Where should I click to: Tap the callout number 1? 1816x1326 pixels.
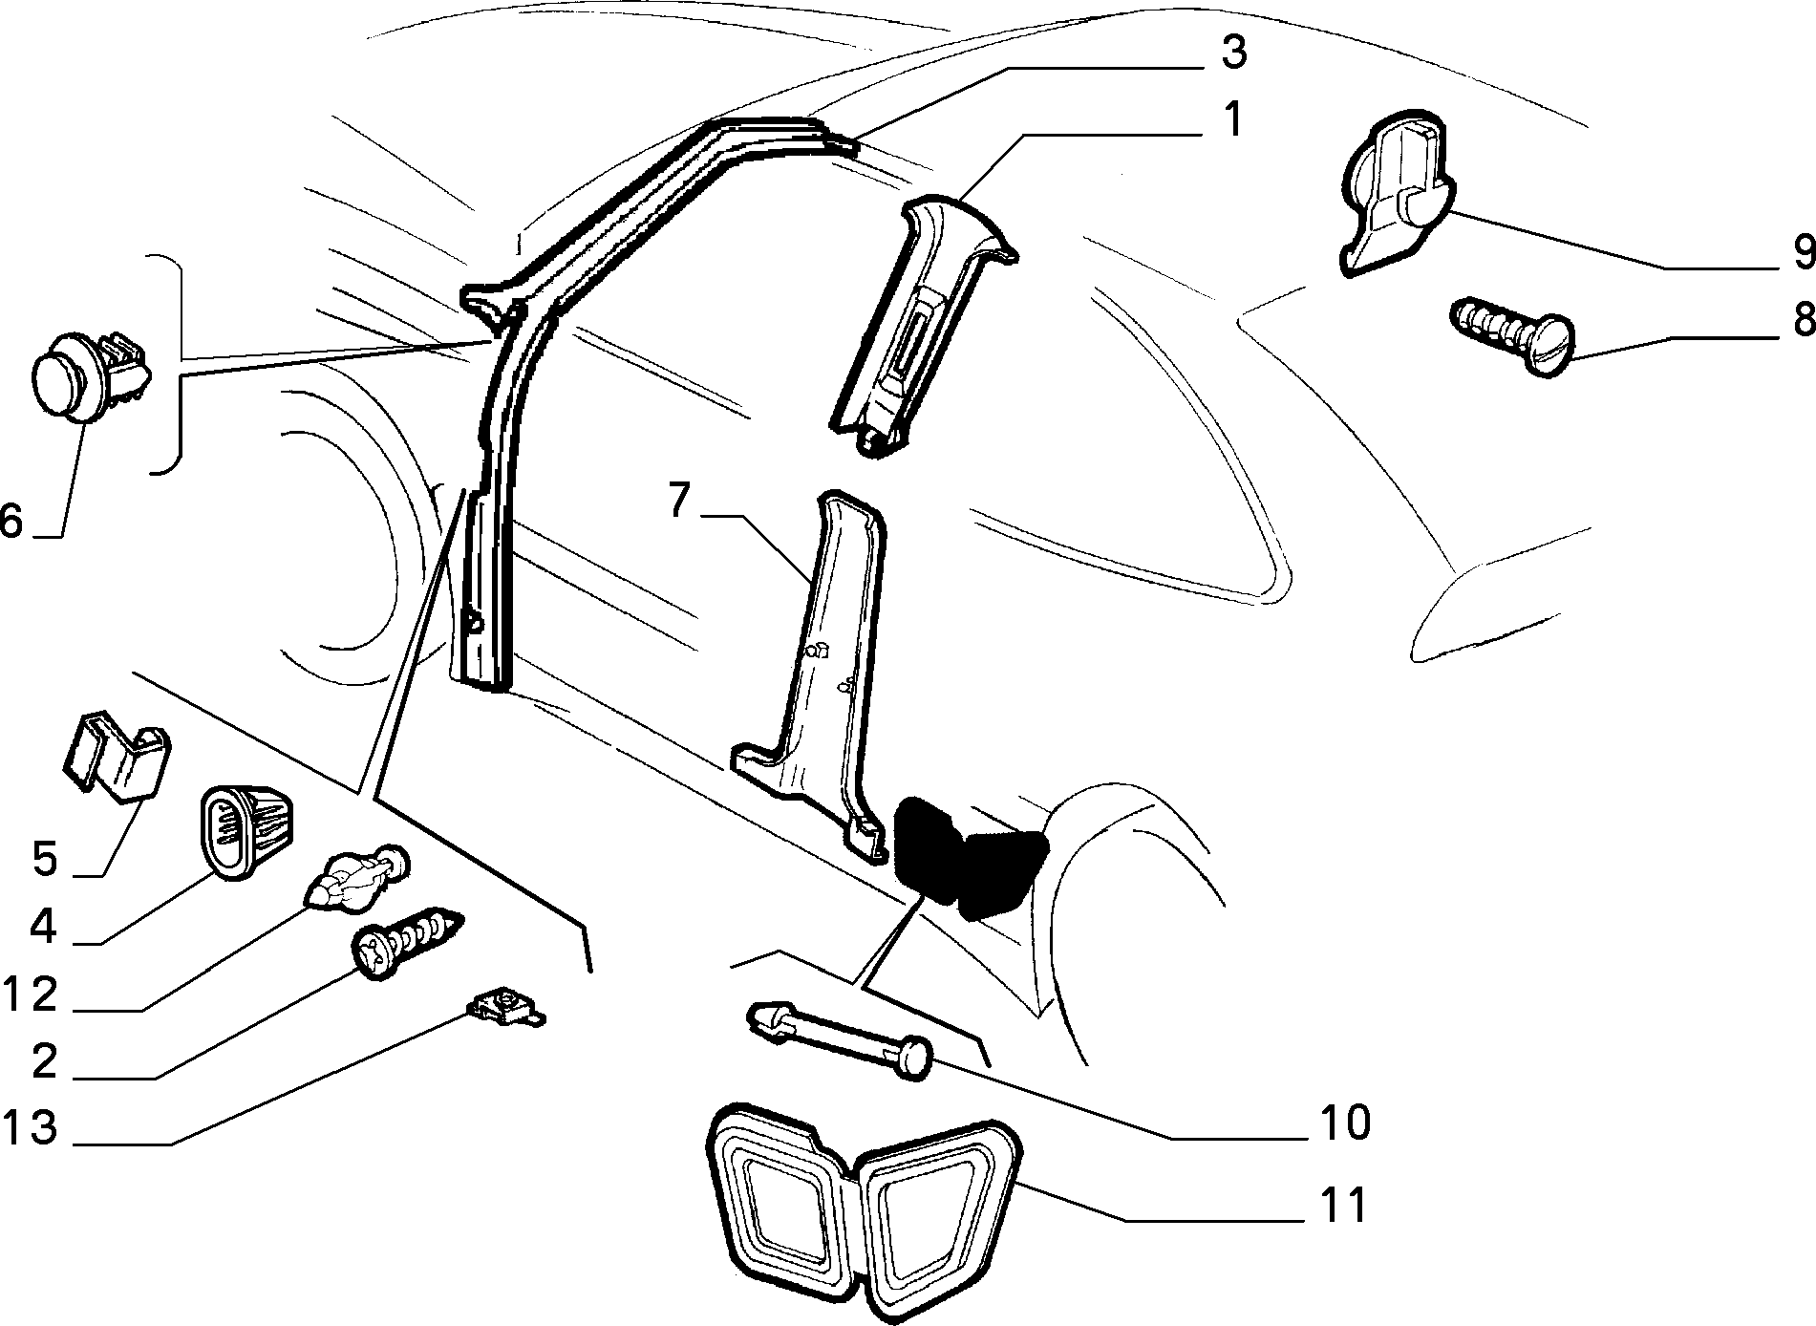[x=1233, y=121]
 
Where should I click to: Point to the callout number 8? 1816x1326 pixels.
[x=1800, y=320]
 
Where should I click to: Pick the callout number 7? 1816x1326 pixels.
[x=679, y=501]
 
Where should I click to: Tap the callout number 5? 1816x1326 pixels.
[x=45, y=858]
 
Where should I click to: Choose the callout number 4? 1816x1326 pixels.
[x=44, y=926]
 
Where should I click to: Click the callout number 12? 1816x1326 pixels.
[x=30, y=995]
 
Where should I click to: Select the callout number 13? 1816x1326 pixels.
[x=30, y=1128]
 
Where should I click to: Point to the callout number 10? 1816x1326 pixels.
[x=1344, y=1122]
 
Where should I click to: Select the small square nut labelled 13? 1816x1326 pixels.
[x=505, y=1007]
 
